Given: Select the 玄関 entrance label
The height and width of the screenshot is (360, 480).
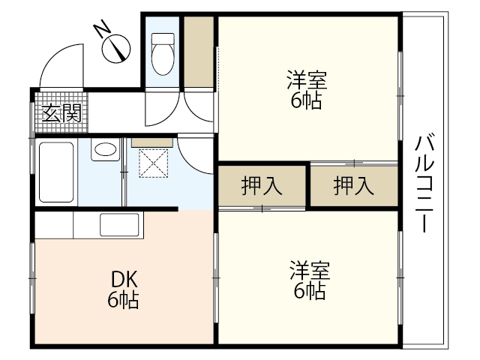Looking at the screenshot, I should [61, 113].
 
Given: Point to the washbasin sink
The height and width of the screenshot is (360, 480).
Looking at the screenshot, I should [105, 150].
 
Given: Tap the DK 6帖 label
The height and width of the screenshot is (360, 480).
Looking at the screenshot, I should [123, 289].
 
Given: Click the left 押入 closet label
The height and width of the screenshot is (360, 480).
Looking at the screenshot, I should [262, 185].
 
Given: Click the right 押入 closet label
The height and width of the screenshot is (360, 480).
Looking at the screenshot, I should [353, 185].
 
